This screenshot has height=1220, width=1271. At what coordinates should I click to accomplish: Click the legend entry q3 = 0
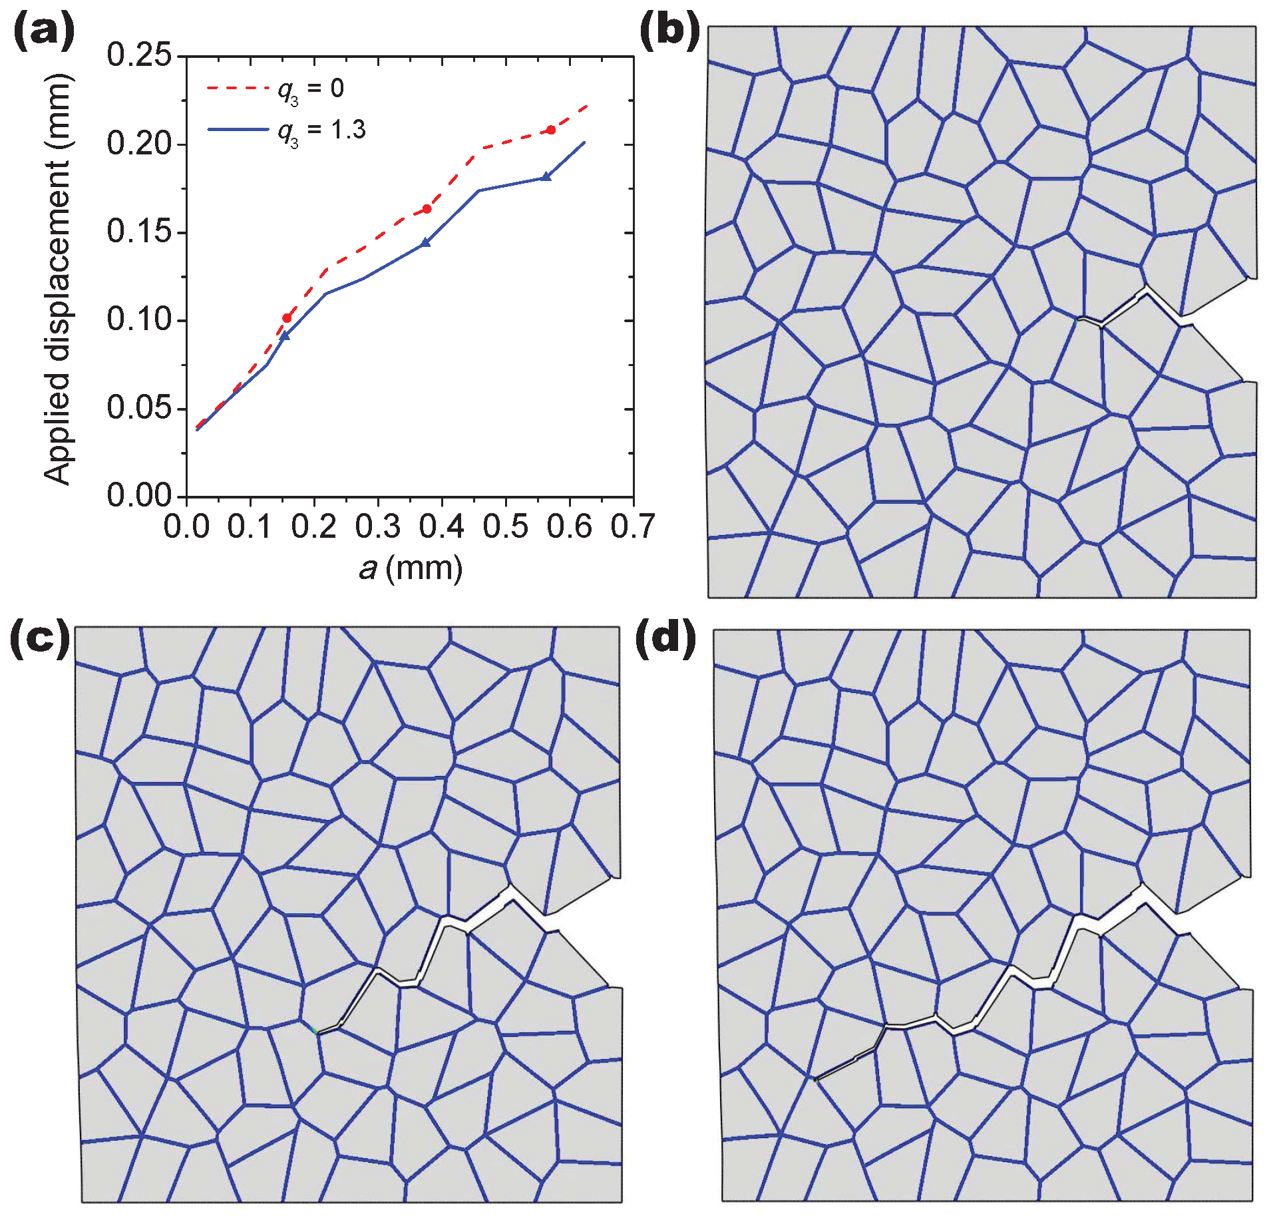[x=310, y=89]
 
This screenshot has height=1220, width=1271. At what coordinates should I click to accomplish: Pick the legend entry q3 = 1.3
[x=321, y=130]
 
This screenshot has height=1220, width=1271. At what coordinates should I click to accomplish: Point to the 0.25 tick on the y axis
[x=139, y=55]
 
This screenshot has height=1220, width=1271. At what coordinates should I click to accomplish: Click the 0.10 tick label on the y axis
[x=139, y=320]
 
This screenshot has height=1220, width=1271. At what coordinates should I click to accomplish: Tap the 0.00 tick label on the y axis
[x=139, y=496]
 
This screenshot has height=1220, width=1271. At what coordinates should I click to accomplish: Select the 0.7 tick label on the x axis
[x=633, y=527]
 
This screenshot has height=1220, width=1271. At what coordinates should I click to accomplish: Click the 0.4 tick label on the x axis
[x=441, y=527]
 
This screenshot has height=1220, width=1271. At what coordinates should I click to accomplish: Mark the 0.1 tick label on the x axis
[x=250, y=527]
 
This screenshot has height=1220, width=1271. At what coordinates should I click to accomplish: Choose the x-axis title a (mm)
[x=411, y=568]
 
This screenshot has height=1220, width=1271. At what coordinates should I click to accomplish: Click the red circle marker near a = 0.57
[x=551, y=130]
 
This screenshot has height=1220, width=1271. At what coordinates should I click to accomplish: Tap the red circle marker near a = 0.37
[x=427, y=209]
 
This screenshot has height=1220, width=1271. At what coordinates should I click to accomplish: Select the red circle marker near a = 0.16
[x=287, y=318]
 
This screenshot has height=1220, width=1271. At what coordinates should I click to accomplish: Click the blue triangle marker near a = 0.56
[x=546, y=177]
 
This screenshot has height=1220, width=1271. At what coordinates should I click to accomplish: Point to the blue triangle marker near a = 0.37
[x=426, y=243]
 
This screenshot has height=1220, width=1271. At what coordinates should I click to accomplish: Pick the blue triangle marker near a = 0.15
[x=285, y=336]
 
